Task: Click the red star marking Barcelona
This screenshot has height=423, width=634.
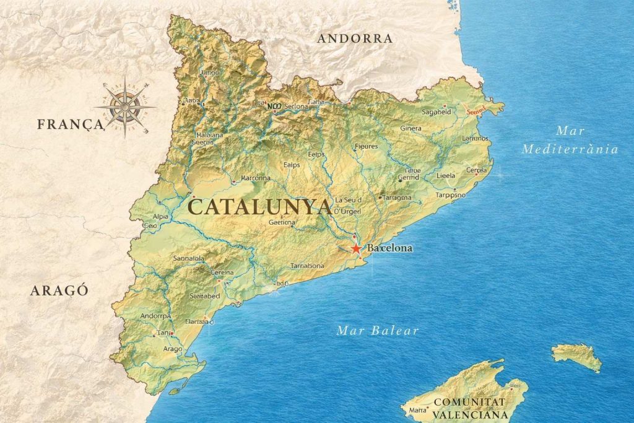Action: tap(356, 248)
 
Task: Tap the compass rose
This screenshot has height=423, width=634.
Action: tap(125, 106)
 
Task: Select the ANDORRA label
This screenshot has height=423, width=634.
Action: tap(355, 38)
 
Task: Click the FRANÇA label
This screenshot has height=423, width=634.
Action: tap(69, 124)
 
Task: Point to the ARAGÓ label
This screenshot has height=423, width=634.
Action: tap(59, 290)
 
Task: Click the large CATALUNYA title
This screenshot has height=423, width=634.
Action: tap(259, 206)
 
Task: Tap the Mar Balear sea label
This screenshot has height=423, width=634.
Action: tap(377, 330)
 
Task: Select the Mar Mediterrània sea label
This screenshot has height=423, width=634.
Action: tap(570, 140)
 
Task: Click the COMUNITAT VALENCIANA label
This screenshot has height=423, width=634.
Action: tap(470, 409)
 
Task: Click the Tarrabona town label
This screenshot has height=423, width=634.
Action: tap(307, 266)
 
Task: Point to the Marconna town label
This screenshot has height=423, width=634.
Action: tap(255, 178)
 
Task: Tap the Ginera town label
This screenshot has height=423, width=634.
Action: tap(410, 128)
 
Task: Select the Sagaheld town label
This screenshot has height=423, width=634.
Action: tap(436, 112)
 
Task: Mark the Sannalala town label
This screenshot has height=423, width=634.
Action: tap(189, 258)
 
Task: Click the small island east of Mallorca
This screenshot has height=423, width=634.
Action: tap(576, 356)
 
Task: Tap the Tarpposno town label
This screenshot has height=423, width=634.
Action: tap(450, 194)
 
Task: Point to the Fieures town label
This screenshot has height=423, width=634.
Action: tap(365, 147)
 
